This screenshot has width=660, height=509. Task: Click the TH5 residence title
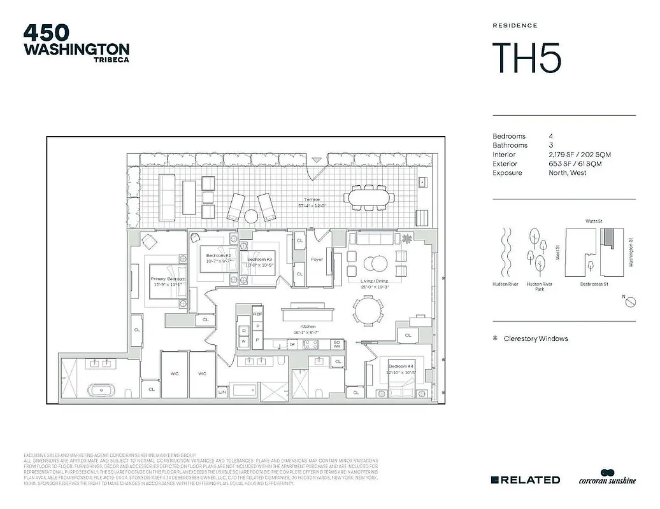tap(527, 58)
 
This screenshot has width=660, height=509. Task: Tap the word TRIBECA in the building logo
tap(108, 60)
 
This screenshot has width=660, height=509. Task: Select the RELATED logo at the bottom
tap(526, 480)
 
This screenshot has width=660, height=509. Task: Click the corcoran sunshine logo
tap(607, 478)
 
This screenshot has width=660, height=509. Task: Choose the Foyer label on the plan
tap(317, 260)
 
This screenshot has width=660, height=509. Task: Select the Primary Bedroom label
tap(168, 279)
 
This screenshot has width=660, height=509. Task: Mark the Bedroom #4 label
tap(401, 365)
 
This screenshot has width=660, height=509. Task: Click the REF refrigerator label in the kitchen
tap(257, 314)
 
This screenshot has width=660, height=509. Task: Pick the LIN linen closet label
tap(222, 393)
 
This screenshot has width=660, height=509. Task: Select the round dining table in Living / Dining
tap(369, 312)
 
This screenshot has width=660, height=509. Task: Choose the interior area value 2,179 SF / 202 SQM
tap(575, 155)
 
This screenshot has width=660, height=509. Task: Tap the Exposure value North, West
tap(568, 172)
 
